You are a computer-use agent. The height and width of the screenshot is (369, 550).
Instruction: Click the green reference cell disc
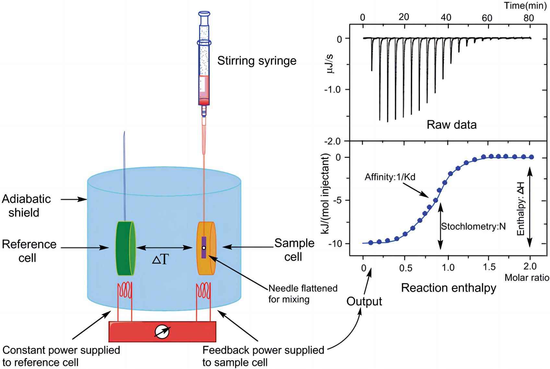point(125,248)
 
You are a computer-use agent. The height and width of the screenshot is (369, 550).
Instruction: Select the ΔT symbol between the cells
point(161,260)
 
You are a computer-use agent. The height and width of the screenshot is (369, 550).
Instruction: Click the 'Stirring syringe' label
point(257,61)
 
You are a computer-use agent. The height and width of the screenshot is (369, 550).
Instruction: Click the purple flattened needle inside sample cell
point(204,247)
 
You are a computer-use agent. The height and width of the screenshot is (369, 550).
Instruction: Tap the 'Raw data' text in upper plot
point(451,125)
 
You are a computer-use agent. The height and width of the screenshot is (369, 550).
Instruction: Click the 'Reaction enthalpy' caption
point(448,288)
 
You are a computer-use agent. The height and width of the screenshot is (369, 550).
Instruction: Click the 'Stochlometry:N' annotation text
point(473,226)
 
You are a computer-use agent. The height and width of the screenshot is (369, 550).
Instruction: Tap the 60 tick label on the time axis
point(487,18)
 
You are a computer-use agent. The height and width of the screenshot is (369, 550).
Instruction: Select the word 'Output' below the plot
point(364,302)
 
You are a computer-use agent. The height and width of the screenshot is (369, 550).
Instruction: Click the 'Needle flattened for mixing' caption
point(303,293)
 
